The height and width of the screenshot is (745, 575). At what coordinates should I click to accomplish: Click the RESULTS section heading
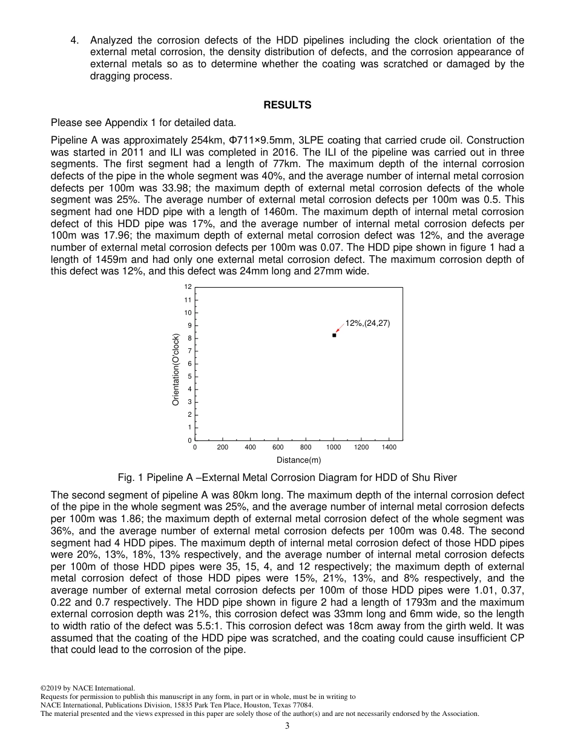pos(287,105)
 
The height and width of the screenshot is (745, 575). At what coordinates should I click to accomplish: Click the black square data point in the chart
pos(334,335)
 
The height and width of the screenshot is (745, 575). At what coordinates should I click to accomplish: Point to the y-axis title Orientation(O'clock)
pos(176,369)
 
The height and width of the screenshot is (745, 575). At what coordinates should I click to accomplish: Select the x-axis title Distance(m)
pos(299,460)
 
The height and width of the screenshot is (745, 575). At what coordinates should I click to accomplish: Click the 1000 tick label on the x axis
pos(333,448)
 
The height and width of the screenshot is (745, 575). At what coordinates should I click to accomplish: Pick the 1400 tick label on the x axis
pos(389,448)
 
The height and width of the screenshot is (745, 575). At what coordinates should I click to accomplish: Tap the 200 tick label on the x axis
pos(222,448)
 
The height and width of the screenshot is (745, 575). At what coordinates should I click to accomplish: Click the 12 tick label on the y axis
pos(188,287)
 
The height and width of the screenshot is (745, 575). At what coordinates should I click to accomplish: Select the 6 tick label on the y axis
pos(190,363)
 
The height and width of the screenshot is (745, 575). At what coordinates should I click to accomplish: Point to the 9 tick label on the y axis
pos(190,325)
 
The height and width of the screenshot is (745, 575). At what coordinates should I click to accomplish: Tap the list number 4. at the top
pos(74,41)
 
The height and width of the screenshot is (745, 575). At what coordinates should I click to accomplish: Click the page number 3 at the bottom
pos(287,726)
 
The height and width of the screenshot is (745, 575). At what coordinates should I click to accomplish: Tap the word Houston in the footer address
pos(258,705)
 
